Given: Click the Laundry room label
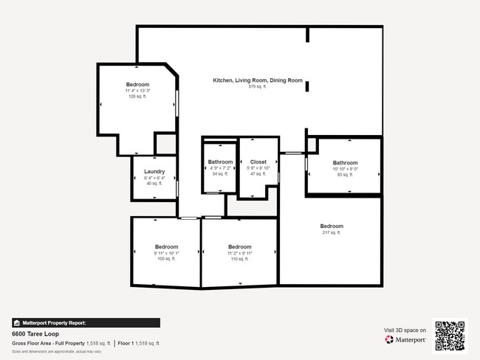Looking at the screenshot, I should click(x=154, y=172).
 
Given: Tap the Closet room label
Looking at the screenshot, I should click(x=258, y=162).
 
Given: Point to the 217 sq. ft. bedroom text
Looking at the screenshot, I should click(x=331, y=232).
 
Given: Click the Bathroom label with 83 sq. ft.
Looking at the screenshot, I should click(x=345, y=163).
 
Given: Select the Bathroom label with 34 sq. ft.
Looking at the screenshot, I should click(x=220, y=162).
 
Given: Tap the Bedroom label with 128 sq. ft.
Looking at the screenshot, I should click(x=137, y=84).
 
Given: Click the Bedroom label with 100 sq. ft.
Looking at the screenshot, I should click(x=166, y=246).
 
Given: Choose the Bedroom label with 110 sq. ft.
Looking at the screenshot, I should click(x=239, y=246).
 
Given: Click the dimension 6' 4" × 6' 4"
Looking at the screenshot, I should click(x=154, y=178).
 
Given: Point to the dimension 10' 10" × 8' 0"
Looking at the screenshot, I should click(x=345, y=169).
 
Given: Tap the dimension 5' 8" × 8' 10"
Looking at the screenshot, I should click(x=258, y=168).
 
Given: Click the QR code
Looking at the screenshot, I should click(x=450, y=335).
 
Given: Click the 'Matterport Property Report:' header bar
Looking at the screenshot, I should click(x=65, y=323).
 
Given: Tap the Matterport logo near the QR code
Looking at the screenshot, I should click(x=405, y=340).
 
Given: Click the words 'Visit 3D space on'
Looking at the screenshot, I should click(x=405, y=330).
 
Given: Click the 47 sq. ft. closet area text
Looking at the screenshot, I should click(x=258, y=174).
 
